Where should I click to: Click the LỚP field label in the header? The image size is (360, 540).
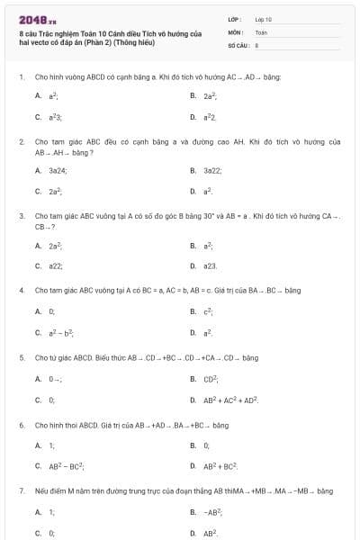click(235, 18)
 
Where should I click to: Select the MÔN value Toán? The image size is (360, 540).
click(261, 31)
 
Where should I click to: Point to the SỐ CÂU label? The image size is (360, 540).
click(238, 43)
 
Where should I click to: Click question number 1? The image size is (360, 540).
click(20, 77)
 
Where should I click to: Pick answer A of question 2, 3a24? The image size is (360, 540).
click(54, 169)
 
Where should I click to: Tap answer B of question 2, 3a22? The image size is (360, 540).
click(211, 169)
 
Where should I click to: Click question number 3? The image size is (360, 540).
click(20, 216)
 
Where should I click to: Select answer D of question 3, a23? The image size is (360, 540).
click(211, 265)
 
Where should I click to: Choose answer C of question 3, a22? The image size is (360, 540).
click(55, 265)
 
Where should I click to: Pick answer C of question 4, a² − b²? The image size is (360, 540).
click(59, 333)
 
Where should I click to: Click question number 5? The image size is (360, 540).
click(20, 356)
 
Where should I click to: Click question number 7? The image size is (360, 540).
click(20, 490)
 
